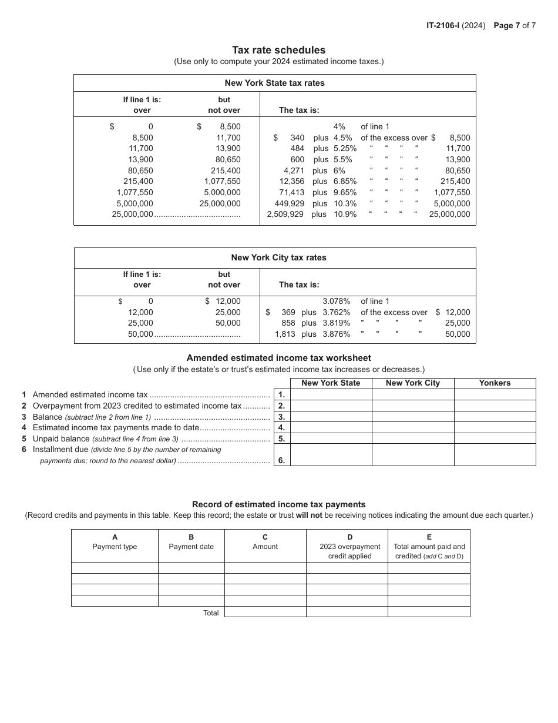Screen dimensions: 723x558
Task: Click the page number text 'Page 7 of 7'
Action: point(515,25)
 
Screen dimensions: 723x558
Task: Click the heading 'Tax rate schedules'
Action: point(278,50)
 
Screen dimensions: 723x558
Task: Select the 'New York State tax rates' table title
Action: point(274,83)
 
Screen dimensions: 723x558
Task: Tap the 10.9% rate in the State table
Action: point(345,215)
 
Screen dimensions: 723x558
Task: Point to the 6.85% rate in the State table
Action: point(345,182)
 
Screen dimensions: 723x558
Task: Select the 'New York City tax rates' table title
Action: point(278,257)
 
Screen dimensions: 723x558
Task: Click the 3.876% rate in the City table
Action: point(337,334)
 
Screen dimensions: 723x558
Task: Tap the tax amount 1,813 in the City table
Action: point(285,334)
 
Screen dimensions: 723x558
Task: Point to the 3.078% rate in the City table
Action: point(337,301)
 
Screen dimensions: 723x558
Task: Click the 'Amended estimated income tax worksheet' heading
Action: point(278,357)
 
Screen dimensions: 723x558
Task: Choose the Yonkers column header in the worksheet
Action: point(495,383)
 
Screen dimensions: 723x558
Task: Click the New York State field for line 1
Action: point(331,394)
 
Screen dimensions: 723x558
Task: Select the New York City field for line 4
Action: point(412,427)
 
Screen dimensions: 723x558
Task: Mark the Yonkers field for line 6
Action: point(495,454)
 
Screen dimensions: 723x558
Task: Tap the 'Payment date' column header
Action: point(191,546)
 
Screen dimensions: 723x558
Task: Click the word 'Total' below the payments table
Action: point(211,612)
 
